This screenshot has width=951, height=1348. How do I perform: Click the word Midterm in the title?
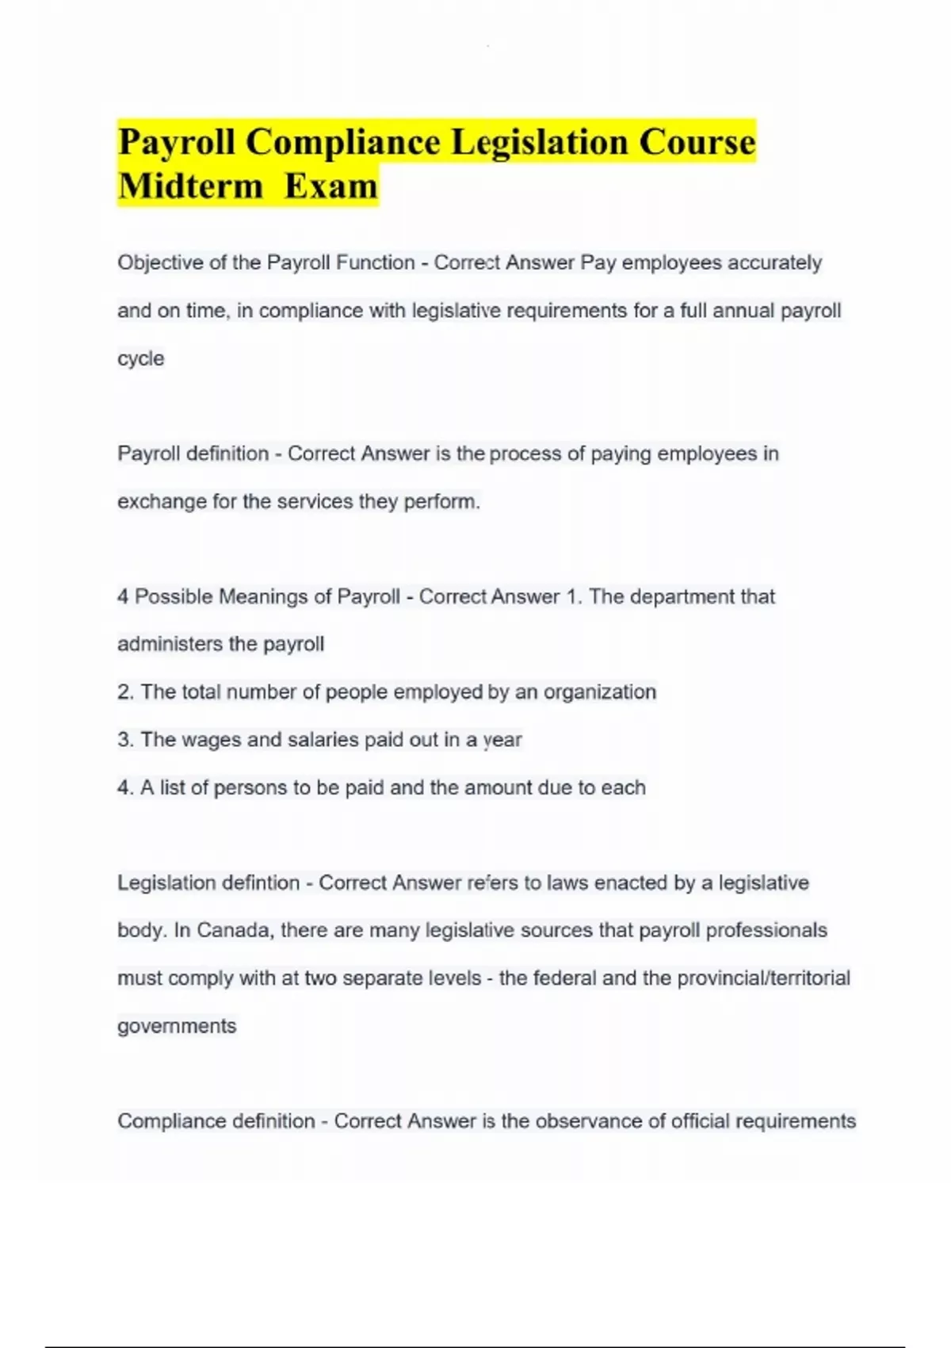click(190, 186)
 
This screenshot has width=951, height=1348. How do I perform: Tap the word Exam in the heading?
click(331, 186)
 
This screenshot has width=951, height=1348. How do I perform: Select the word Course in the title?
click(697, 142)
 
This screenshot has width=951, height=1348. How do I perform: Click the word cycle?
click(141, 358)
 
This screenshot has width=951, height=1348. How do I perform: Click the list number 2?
click(125, 692)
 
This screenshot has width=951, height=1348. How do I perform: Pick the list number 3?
click(125, 740)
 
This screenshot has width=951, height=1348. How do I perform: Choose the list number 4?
click(125, 788)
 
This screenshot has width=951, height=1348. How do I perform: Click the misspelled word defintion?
click(249, 883)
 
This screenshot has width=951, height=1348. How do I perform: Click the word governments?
click(177, 1026)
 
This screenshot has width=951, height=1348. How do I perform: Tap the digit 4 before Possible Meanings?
click(123, 596)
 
